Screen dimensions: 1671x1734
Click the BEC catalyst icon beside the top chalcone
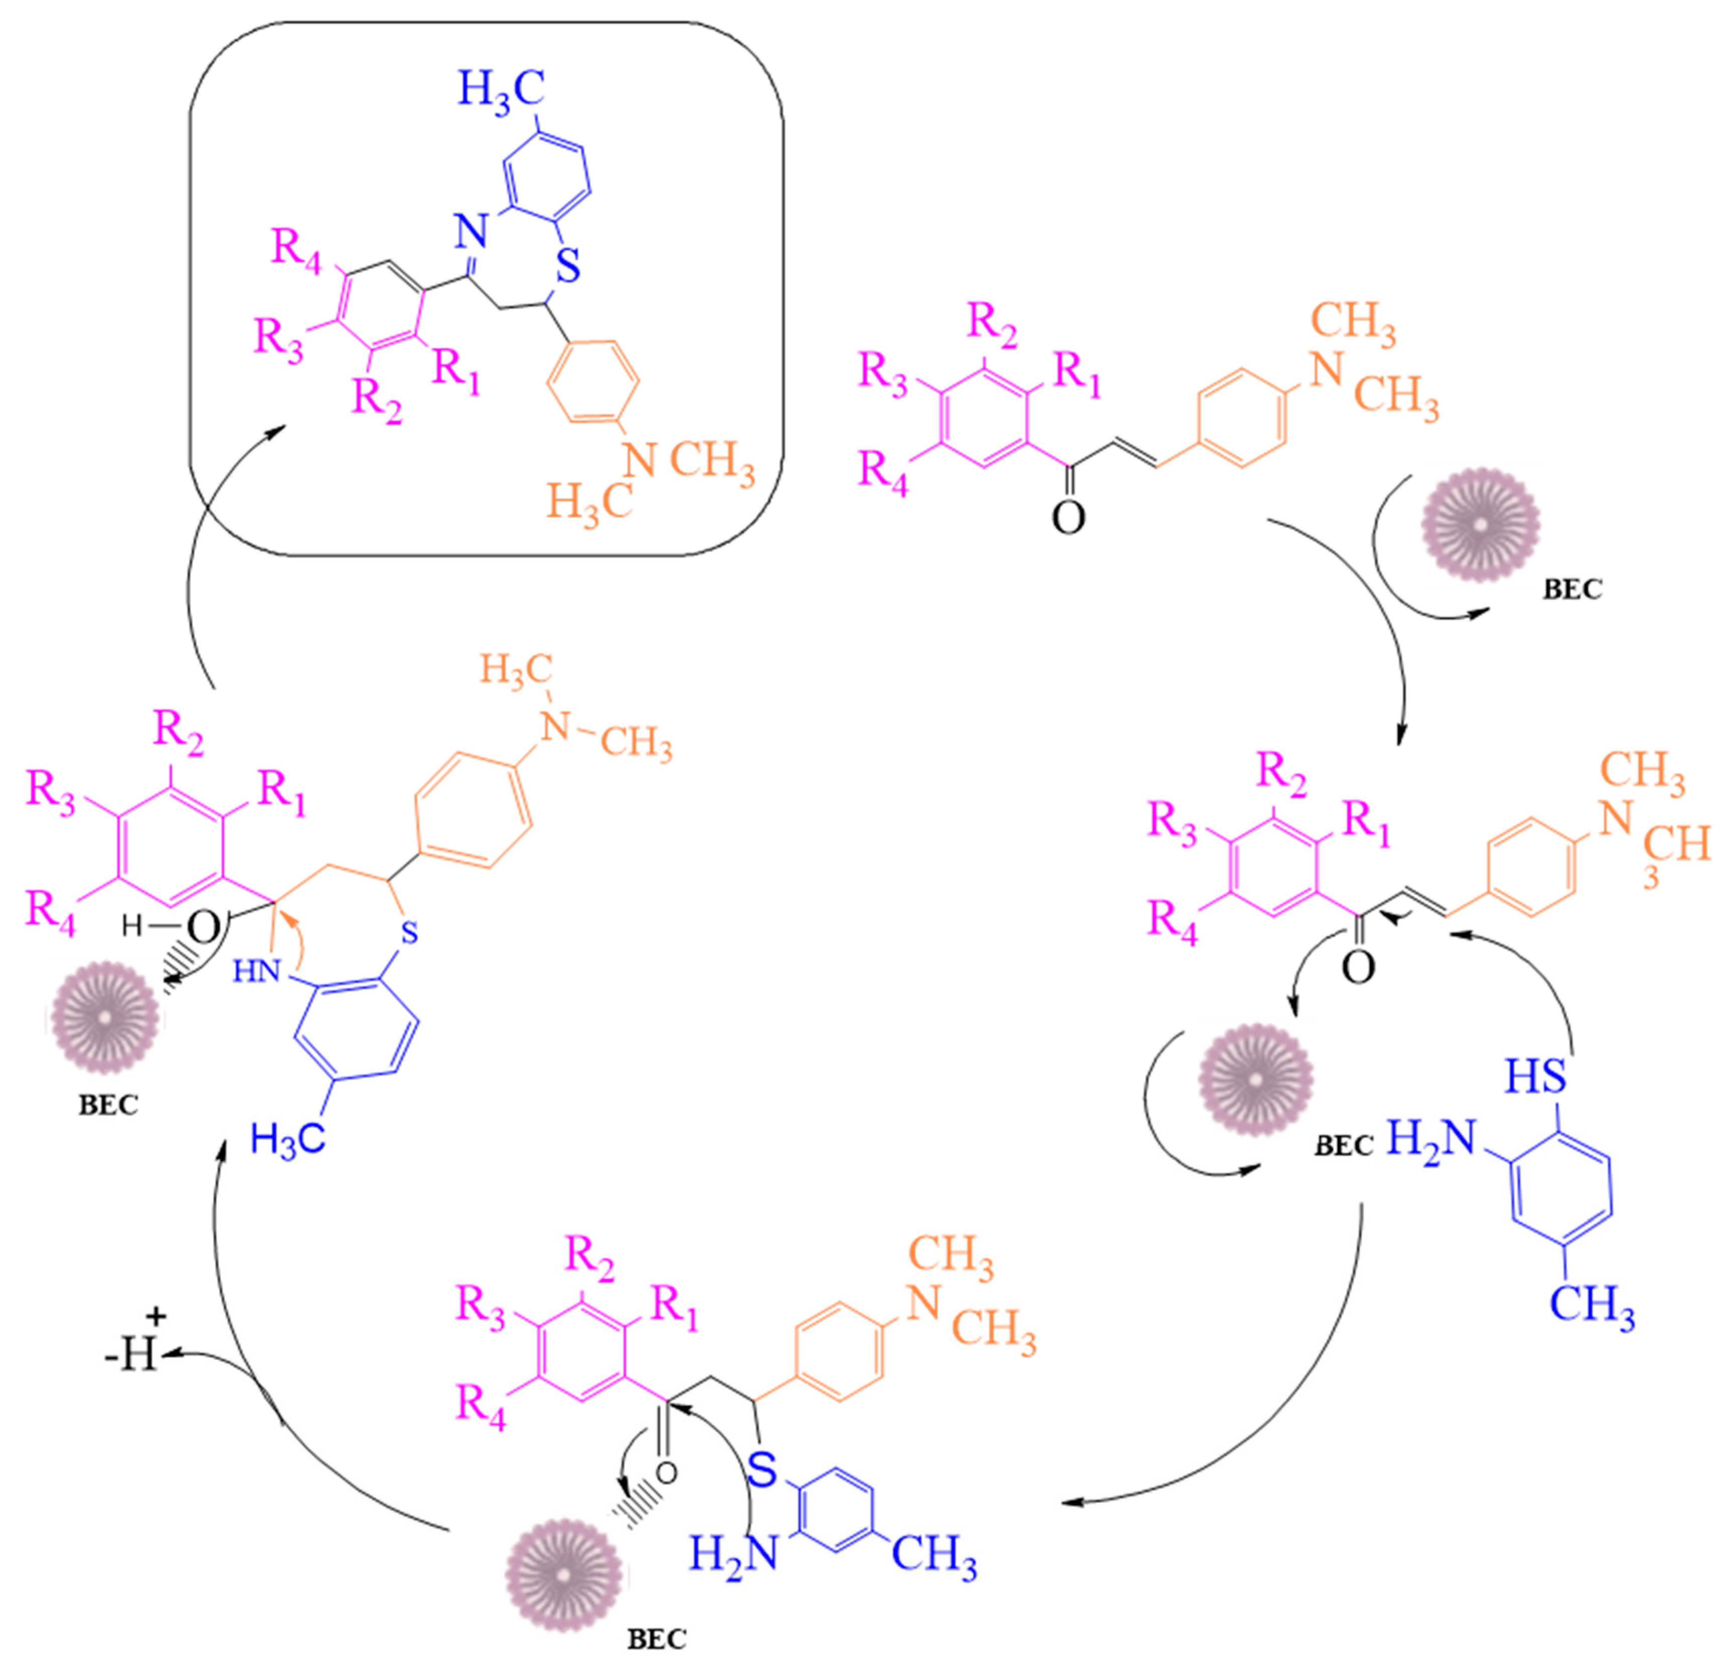point(1480,525)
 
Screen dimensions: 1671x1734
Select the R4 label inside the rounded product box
point(296,249)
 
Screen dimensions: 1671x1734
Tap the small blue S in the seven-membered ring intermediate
point(408,933)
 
